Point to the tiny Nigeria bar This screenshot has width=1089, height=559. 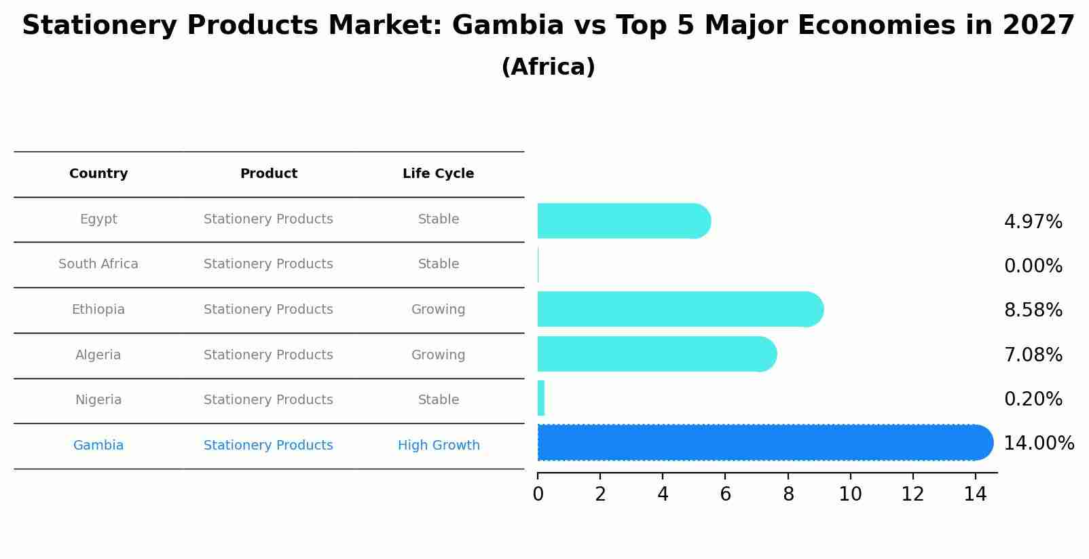pyautogui.click(x=541, y=399)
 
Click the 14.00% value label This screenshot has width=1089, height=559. pyautogui.click(x=1039, y=444)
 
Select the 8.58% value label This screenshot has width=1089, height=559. pyautogui.click(x=1033, y=310)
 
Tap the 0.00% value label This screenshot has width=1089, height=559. pyautogui.click(x=1033, y=266)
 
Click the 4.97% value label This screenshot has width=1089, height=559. pyautogui.click(x=1033, y=222)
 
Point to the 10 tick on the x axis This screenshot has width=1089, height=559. pyautogui.click(x=850, y=494)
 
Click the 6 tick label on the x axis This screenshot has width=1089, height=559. pyautogui.click(x=725, y=494)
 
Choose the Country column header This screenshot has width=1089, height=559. pyautogui.click(x=98, y=174)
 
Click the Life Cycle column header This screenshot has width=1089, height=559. pyautogui.click(x=438, y=174)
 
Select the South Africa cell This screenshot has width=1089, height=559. pyautogui.click(x=98, y=264)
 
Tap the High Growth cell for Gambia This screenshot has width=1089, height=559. pyautogui.click(x=439, y=446)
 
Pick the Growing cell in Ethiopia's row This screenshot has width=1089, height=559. pyautogui.click(x=438, y=310)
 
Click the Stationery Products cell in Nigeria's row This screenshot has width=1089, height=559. pyautogui.click(x=268, y=400)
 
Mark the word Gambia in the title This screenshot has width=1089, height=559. pyautogui.click(x=507, y=26)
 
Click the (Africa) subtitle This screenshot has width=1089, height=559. pyautogui.click(x=548, y=67)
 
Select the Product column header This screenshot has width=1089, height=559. pyautogui.click(x=268, y=174)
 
